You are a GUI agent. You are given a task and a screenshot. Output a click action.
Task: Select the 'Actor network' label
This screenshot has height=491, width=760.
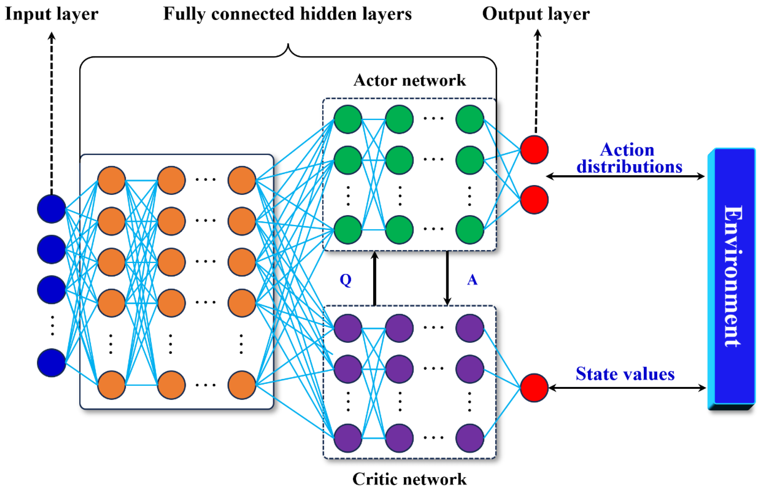pyautogui.click(x=410, y=80)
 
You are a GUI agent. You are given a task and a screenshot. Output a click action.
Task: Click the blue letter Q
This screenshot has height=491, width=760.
pyautogui.click(x=346, y=280)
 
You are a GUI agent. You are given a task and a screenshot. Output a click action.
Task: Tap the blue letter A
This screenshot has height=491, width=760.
pyautogui.click(x=472, y=280)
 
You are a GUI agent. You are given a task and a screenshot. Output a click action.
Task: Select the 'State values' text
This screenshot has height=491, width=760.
pyautogui.click(x=625, y=374)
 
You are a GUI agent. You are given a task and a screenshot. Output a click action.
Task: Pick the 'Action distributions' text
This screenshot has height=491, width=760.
pyautogui.click(x=629, y=158)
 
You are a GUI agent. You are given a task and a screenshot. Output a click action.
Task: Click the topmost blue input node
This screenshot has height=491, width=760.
pyautogui.click(x=52, y=209)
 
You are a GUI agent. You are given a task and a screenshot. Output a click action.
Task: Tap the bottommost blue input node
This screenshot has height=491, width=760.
pyautogui.click(x=52, y=363)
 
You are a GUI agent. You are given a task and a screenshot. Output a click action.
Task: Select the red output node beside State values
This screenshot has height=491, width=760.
pyautogui.click(x=534, y=388)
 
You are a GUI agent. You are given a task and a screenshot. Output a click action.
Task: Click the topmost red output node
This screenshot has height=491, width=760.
pyautogui.click(x=534, y=149)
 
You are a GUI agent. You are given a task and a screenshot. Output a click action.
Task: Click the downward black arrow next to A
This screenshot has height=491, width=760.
pyautogui.click(x=447, y=278)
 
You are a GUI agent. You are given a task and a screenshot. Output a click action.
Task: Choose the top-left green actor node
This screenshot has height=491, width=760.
pyautogui.click(x=348, y=119)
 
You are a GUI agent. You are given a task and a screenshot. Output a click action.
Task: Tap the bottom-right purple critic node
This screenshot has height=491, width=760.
pyautogui.click(x=470, y=438)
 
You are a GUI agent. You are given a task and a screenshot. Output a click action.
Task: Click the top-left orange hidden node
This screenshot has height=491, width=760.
pyautogui.click(x=111, y=180)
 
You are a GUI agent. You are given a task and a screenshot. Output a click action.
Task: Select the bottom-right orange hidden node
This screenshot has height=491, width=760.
pyautogui.click(x=242, y=385)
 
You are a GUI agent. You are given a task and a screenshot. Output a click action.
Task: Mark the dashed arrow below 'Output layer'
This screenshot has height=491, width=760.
pyautogui.click(x=537, y=81)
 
